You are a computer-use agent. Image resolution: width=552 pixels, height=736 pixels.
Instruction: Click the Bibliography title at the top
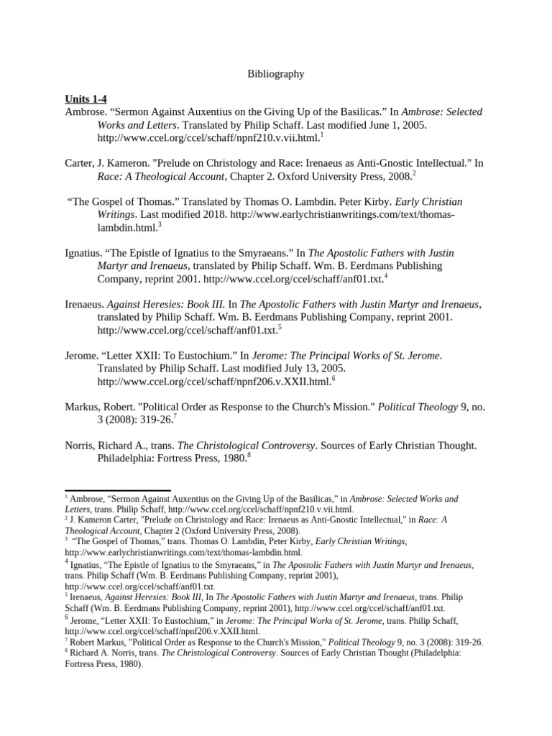pyautogui.click(x=276, y=74)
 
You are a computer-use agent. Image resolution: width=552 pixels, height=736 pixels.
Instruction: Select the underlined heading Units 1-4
pyautogui.click(x=86, y=99)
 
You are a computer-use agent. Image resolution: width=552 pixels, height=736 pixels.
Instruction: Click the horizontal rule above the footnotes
pyautogui.click(x=118, y=491)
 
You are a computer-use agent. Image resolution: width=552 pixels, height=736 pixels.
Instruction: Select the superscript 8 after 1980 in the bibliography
pyautogui.click(x=249, y=455)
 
